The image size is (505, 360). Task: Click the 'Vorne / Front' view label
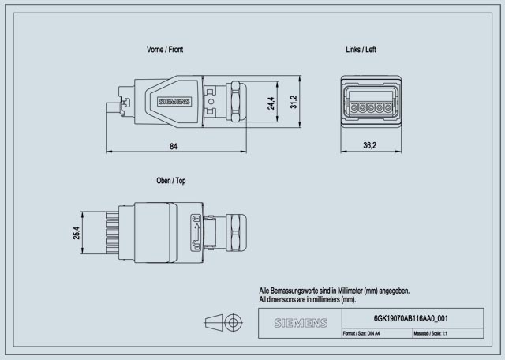(164, 49)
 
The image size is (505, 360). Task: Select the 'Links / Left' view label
(361, 49)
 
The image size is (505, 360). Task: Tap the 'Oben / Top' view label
(171, 181)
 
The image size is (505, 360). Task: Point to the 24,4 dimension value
(271, 103)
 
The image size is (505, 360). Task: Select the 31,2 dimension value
(294, 103)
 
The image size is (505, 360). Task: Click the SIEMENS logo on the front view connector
(174, 103)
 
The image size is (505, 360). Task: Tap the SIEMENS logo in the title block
(300, 324)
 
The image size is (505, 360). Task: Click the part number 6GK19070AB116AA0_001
(410, 318)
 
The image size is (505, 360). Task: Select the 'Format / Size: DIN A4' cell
(361, 334)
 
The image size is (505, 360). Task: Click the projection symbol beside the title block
(222, 323)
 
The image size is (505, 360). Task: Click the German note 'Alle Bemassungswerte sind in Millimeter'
(335, 291)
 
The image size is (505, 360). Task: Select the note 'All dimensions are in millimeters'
(308, 300)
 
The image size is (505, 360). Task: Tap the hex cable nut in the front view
(237, 101)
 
